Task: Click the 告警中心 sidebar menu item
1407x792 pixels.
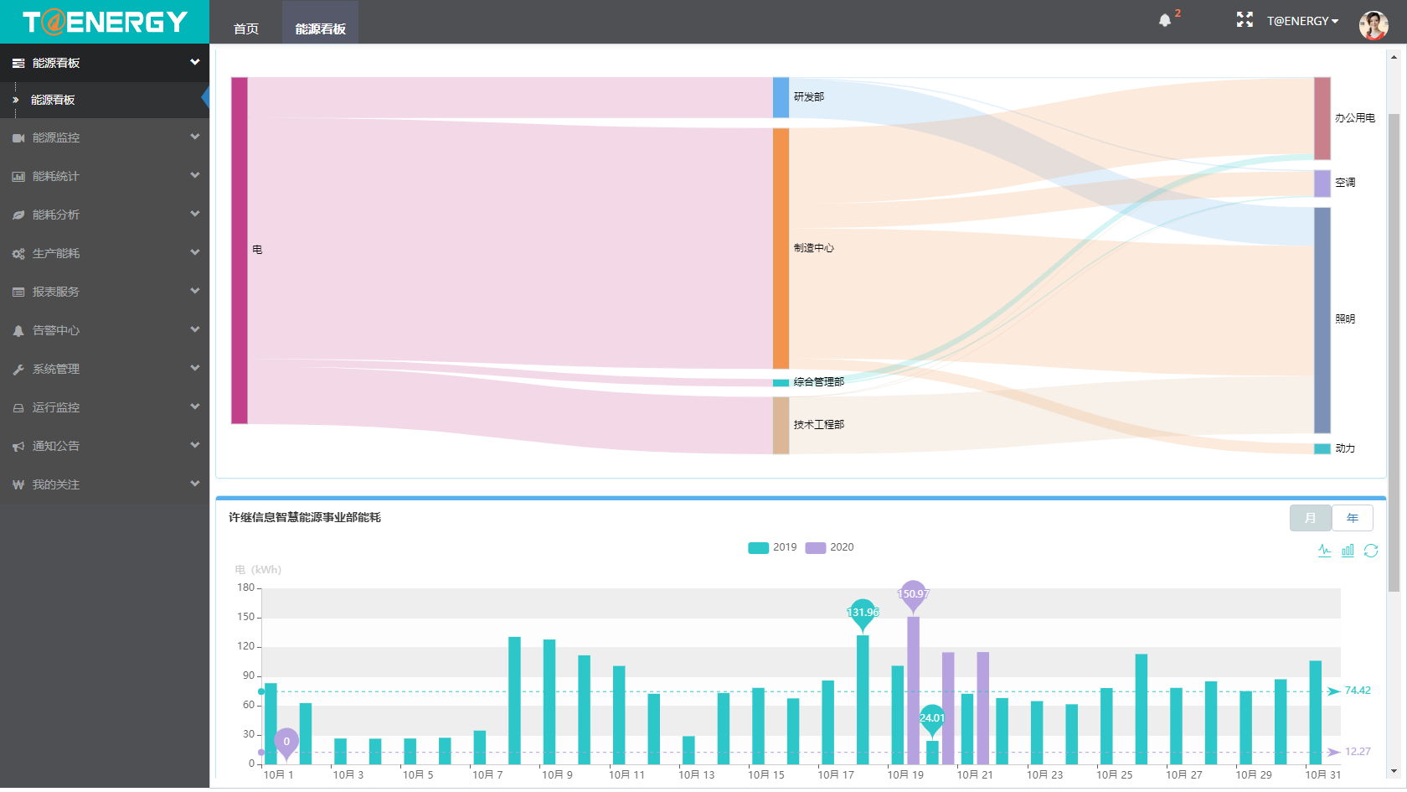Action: tap(56, 330)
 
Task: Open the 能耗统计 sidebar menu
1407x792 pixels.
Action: tap(56, 176)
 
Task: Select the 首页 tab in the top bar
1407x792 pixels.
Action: tap(246, 28)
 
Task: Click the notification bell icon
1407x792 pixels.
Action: tap(1164, 20)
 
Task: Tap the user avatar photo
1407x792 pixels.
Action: tap(1373, 25)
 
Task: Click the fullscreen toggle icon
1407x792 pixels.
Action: tap(1245, 20)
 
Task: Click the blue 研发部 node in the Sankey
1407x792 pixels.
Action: tap(781, 97)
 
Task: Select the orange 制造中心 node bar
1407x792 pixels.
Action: tap(781, 248)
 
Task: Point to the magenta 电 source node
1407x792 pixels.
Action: tap(240, 250)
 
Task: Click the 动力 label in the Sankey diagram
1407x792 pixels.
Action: tap(1345, 448)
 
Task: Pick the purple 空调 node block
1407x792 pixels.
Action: tap(1322, 184)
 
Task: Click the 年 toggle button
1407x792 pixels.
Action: tap(1352, 518)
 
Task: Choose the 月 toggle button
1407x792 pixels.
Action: tap(1310, 518)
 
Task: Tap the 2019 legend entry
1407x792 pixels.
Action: tap(772, 547)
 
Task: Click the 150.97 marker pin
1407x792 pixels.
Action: tap(913, 594)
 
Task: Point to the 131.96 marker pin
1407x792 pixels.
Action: tap(862, 613)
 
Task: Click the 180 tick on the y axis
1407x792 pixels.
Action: tap(245, 588)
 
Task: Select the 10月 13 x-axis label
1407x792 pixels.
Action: tap(697, 775)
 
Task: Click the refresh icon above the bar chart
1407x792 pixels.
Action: tap(1371, 551)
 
